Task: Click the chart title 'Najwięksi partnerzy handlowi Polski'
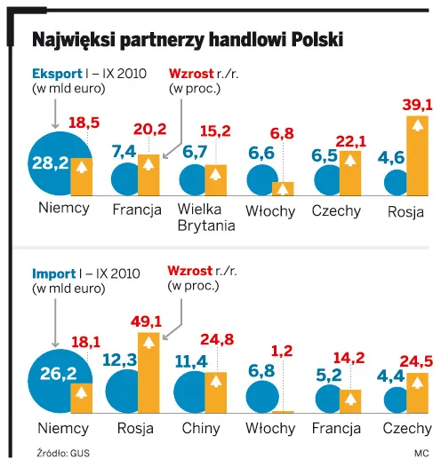pos(187,40)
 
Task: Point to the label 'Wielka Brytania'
pos(205,218)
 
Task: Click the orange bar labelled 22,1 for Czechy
pos(352,172)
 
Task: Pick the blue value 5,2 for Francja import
pos(328,376)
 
